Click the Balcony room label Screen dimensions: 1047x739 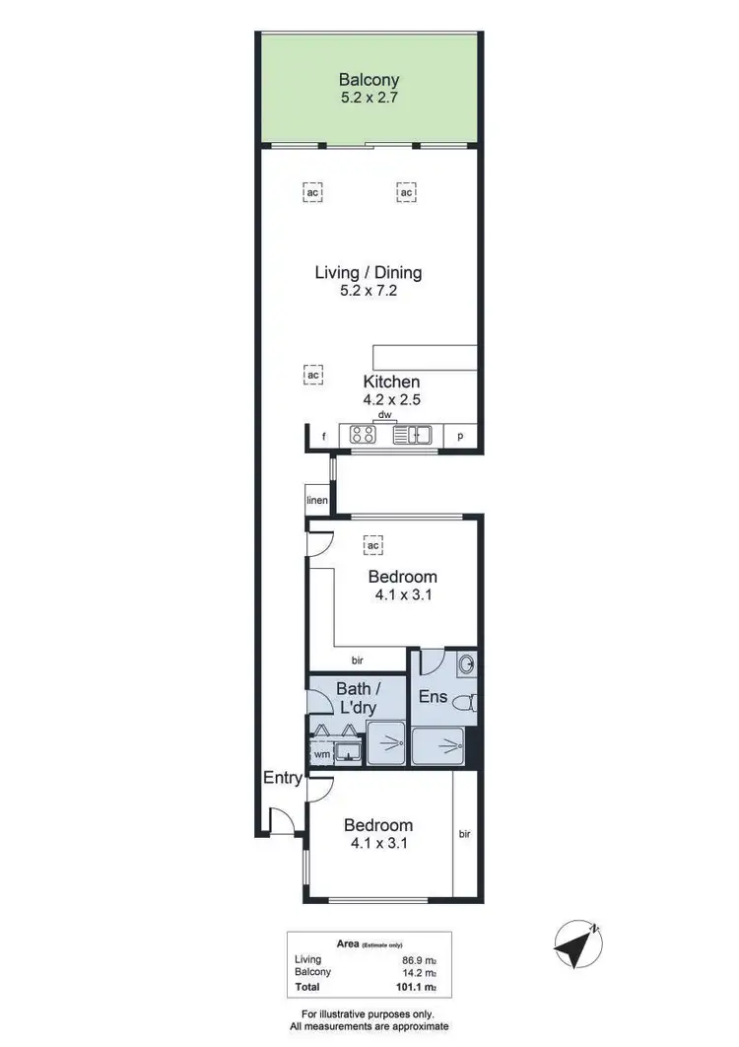pos(369,80)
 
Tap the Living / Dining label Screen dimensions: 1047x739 pos(369,273)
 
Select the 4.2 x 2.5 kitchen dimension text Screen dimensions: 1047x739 pos(391,400)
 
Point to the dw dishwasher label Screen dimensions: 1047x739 pos(384,415)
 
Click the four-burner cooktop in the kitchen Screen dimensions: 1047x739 pos(362,435)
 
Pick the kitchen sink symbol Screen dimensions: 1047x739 pos(413,435)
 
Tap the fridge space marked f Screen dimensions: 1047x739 pos(322,436)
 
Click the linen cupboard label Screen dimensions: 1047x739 pos(316,501)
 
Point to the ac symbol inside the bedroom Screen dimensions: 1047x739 pos(373,544)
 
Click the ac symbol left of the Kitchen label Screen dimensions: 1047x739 pos(313,376)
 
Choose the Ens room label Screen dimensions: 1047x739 pos(434,697)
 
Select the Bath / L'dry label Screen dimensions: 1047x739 pos(357,697)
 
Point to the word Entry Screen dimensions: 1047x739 pos(282,778)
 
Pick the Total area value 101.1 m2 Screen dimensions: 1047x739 pos(416,985)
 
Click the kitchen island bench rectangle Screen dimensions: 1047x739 pos(424,356)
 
